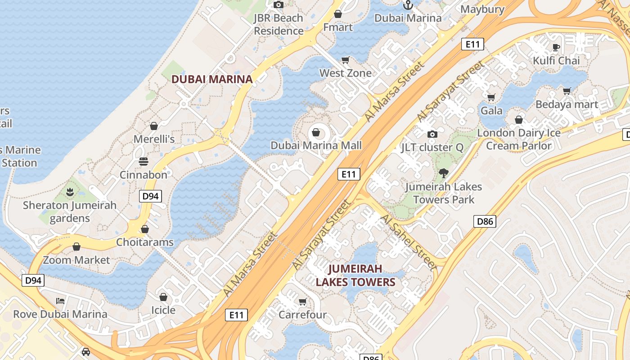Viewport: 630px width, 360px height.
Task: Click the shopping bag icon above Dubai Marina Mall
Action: coord(316,132)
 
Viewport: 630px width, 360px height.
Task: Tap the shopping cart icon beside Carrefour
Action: coord(303,301)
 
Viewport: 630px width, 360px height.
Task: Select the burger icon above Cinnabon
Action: coord(144,161)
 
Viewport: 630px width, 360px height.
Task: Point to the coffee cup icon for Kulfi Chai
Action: coord(556,47)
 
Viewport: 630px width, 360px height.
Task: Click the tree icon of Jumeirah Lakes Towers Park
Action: coord(444,173)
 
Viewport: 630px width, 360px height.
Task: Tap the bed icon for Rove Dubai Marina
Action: coord(60,301)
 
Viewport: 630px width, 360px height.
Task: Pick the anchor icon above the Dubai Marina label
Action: coord(408,5)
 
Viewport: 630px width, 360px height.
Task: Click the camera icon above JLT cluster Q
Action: coord(432,134)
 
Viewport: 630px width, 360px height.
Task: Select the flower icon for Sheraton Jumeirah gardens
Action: coord(70,193)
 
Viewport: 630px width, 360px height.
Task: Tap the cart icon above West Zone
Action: coord(346,60)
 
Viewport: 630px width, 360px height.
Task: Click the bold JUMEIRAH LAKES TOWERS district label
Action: coord(355,275)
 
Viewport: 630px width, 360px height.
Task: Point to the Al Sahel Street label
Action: coord(409,242)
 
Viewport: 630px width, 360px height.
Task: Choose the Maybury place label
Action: coord(482,9)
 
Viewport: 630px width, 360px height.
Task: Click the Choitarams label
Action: coord(144,242)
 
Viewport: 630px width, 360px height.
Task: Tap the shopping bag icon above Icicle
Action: coord(163,297)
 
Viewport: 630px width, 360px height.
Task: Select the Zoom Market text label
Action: coord(76,260)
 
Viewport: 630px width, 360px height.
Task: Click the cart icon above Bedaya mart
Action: coord(567,91)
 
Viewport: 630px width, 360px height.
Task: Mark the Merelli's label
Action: coord(154,139)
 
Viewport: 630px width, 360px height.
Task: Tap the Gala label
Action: coord(491,111)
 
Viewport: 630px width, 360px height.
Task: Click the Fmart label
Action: coord(338,27)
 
